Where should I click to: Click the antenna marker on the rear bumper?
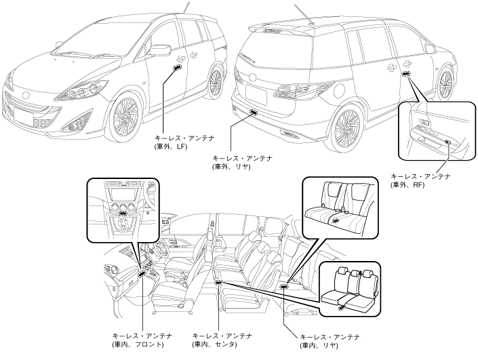[x=254, y=112]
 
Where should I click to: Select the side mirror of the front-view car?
[x=159, y=49]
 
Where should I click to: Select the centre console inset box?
[x=123, y=210]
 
